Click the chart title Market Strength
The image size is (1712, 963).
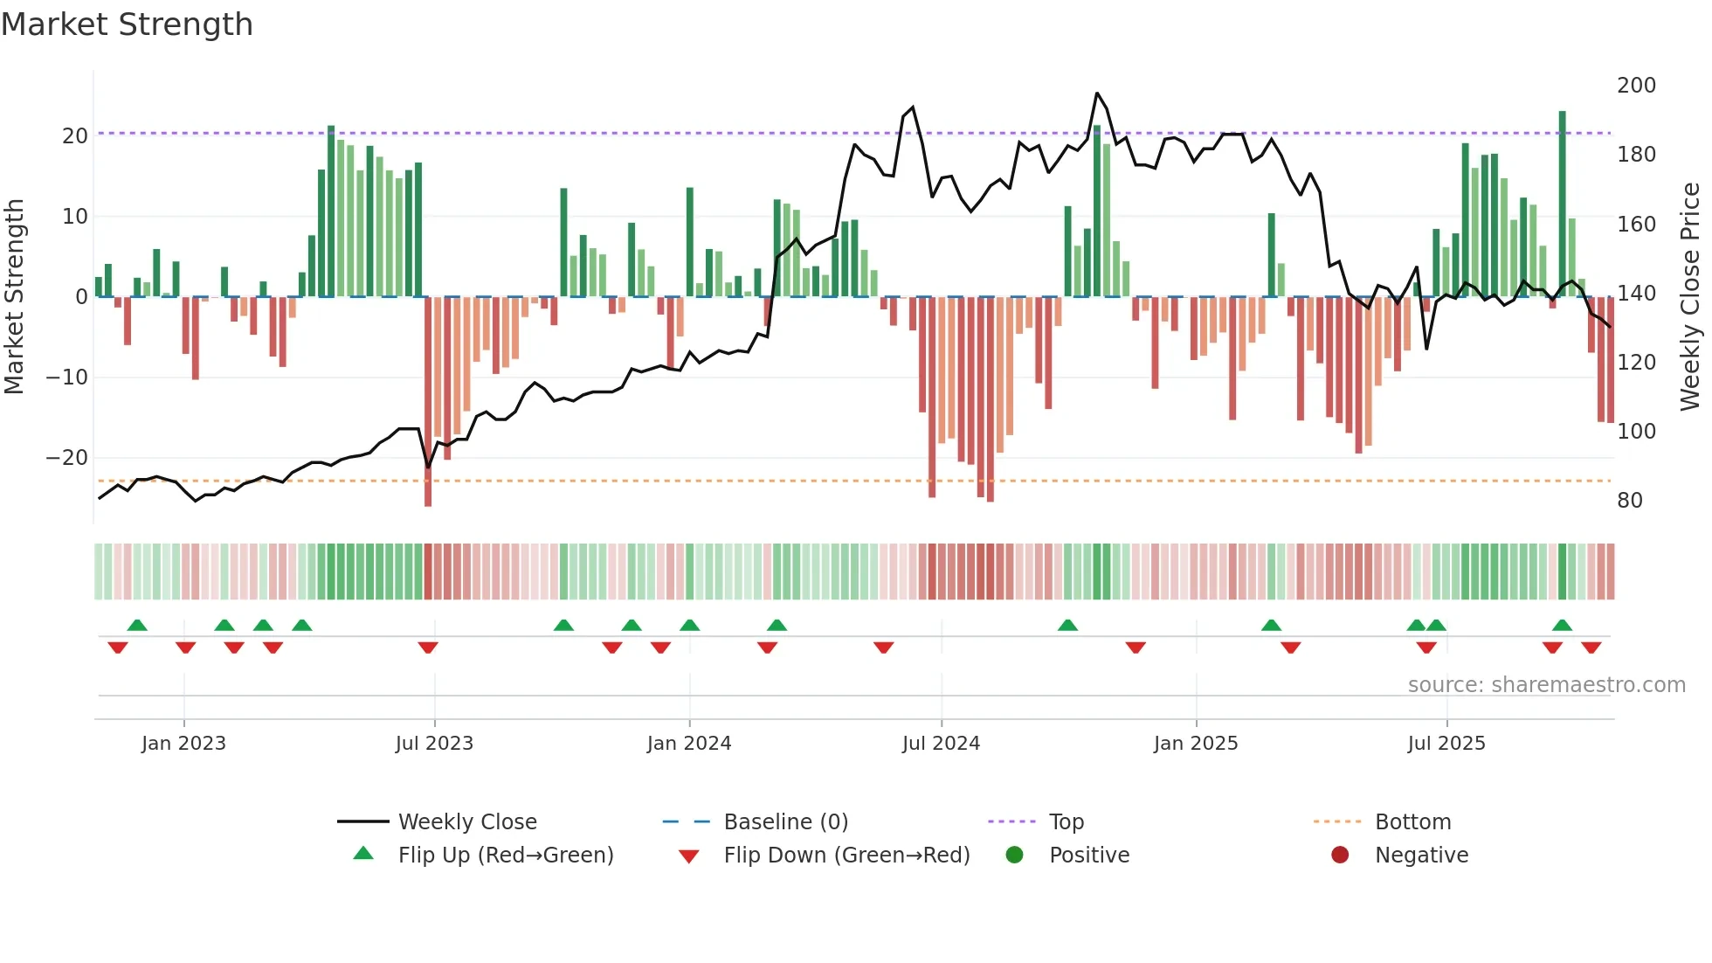click(128, 24)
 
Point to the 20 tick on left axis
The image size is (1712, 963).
click(75, 136)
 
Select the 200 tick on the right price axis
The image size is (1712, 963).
click(1636, 86)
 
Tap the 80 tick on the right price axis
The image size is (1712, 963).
click(1630, 501)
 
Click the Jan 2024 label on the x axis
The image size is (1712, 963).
click(689, 744)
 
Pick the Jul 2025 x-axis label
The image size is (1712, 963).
click(1446, 744)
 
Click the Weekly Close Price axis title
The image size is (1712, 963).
click(1691, 297)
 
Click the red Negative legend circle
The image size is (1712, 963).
click(1340, 856)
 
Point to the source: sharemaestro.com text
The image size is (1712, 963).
click(1546, 685)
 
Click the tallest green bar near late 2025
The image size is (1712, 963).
click(1563, 201)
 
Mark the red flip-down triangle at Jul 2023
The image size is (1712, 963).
click(428, 648)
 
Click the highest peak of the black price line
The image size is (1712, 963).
click(1097, 94)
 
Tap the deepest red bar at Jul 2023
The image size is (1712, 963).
click(428, 402)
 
